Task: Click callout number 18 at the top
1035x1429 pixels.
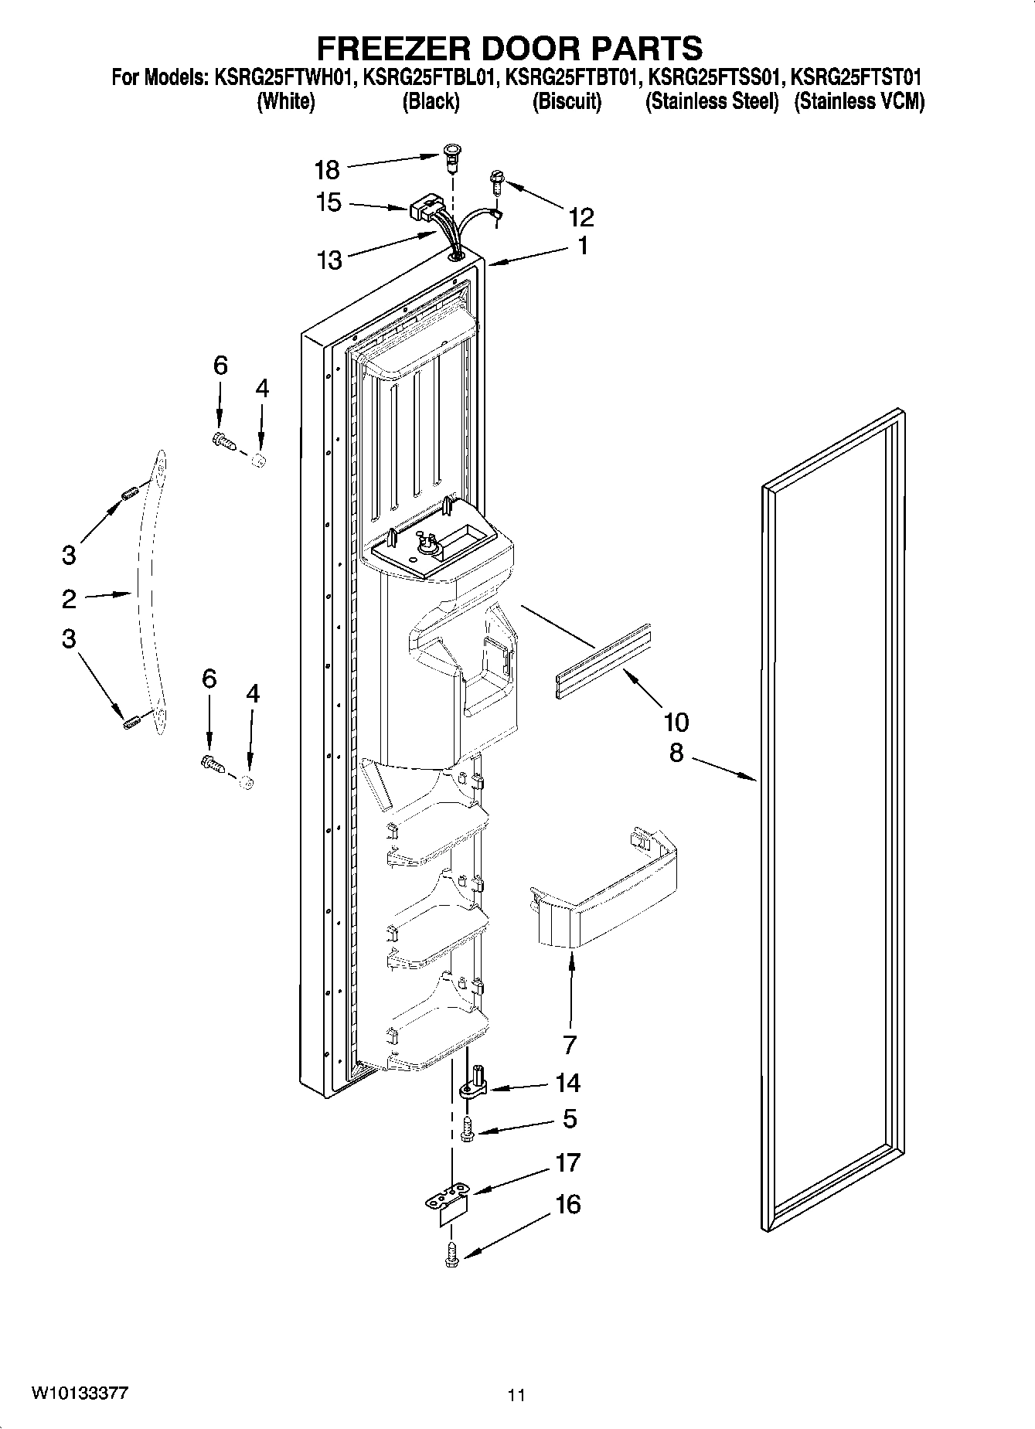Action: point(327,169)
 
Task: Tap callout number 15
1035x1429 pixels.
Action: point(329,202)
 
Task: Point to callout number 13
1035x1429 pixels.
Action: point(329,260)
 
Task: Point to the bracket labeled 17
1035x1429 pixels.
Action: point(448,1203)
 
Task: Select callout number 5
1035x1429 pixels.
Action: point(570,1118)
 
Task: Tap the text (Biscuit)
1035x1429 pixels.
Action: point(567,101)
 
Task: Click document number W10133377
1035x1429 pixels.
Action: point(80,1393)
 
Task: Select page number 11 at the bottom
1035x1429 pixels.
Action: point(516,1395)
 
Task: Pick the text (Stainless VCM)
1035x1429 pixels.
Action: point(859,101)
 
